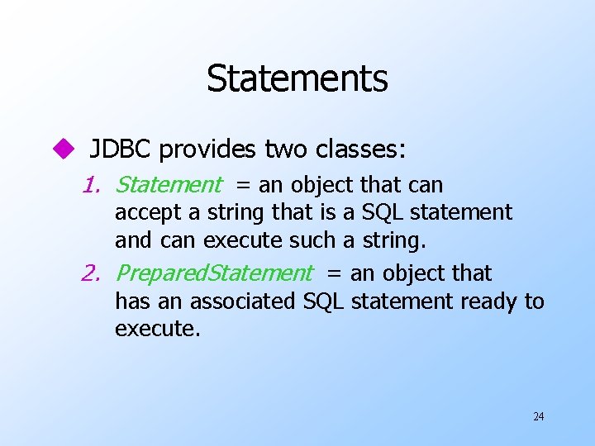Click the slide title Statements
pos(297,78)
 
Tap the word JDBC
pos(121,149)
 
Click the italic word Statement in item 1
pos(169,185)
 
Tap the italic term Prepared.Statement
pos(214,273)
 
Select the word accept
pos(149,213)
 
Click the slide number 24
pos(538,416)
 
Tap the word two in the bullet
pos(283,149)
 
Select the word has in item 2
pos(129,301)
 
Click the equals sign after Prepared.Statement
pos(335,273)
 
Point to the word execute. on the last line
pos(157,329)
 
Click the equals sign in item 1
pos(244,186)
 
